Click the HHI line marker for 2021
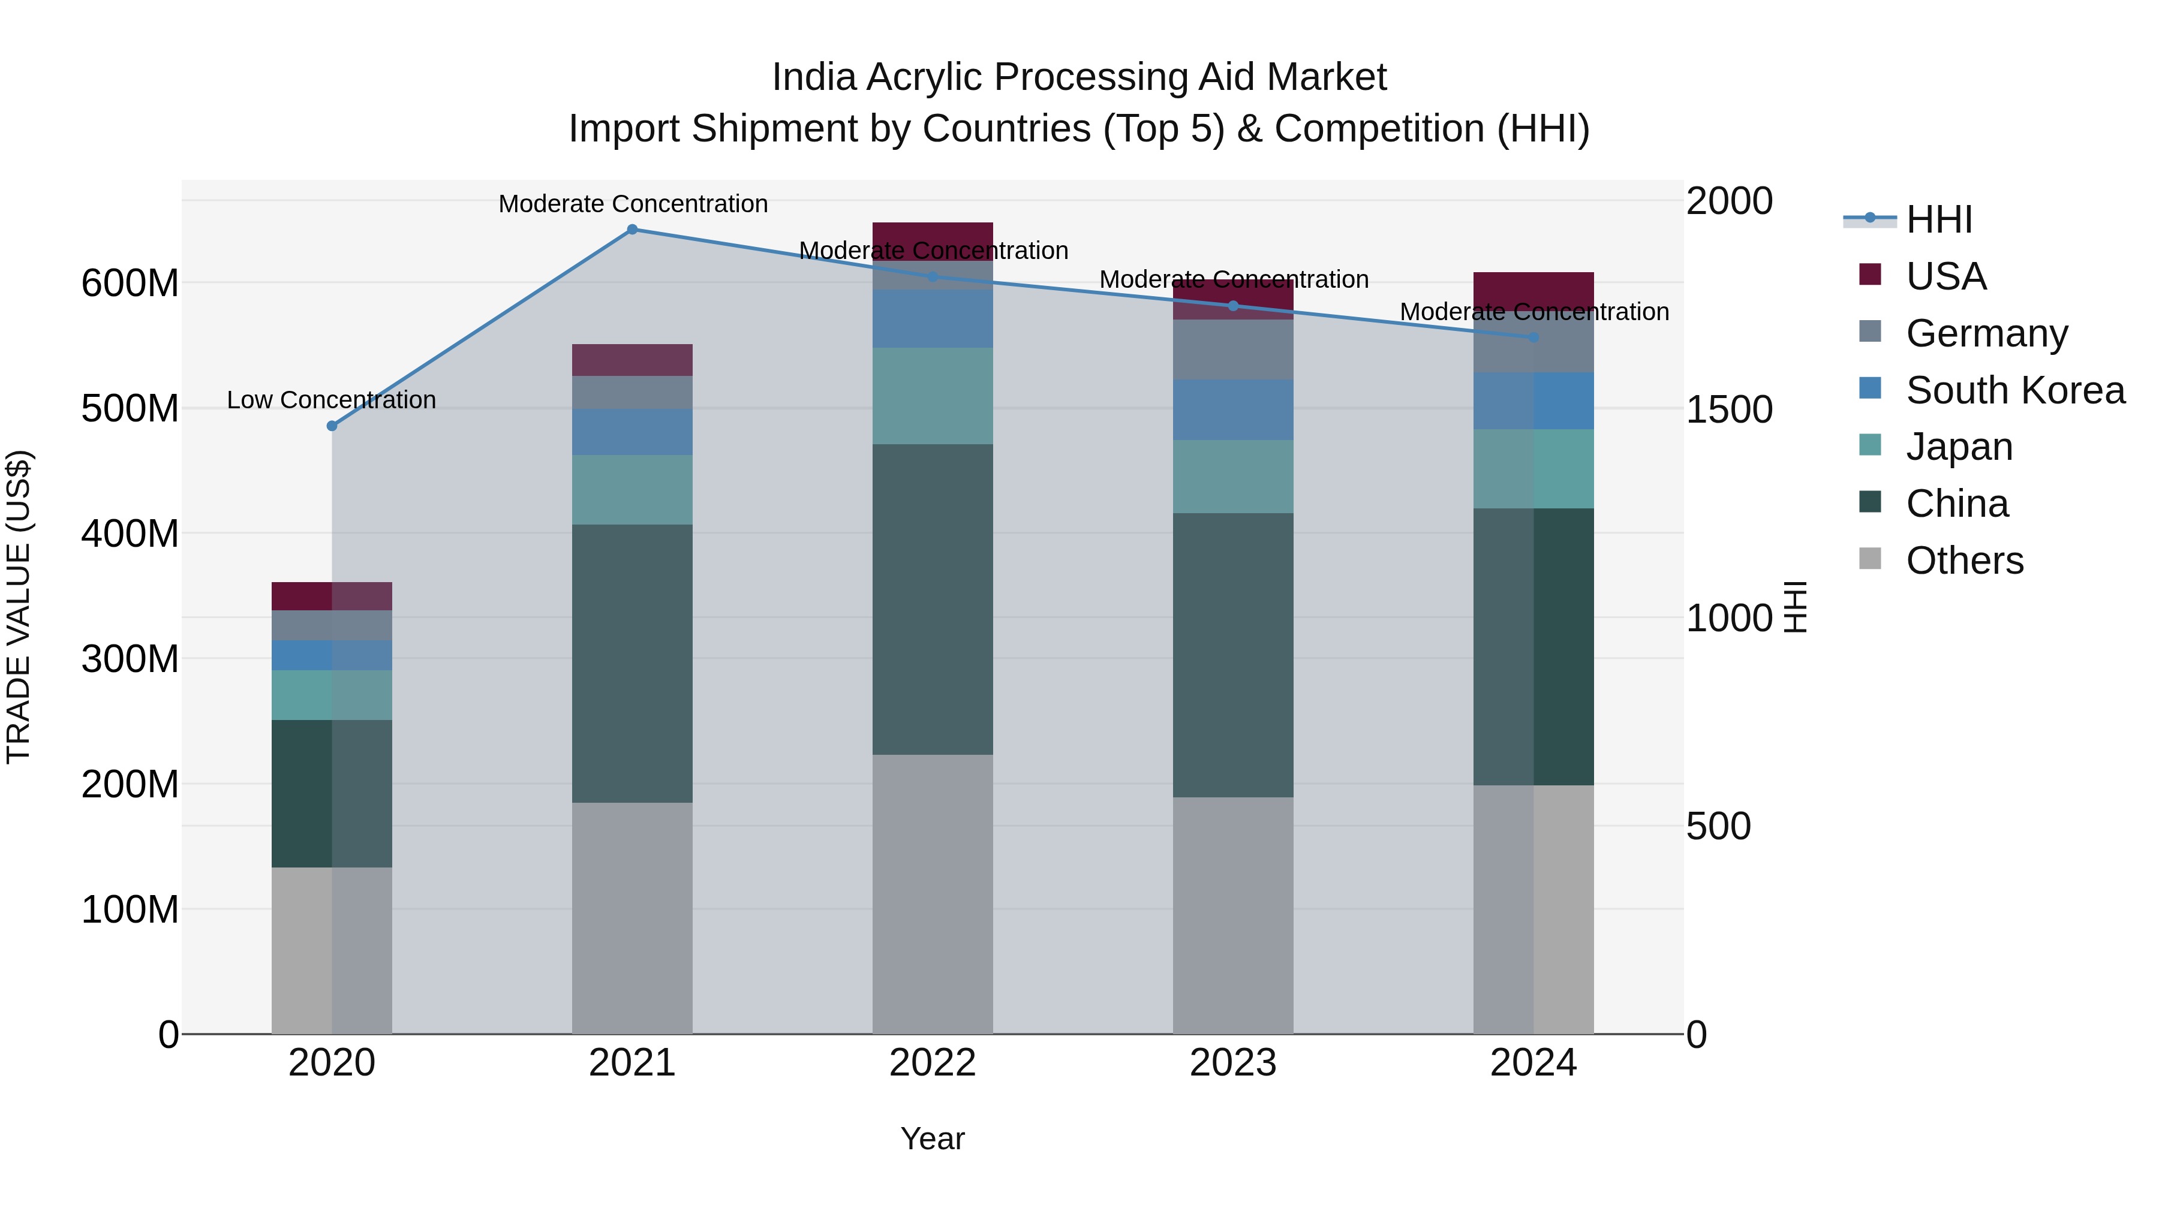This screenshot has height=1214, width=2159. (632, 230)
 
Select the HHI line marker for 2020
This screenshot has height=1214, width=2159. (332, 426)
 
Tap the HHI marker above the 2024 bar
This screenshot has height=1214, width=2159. (1533, 337)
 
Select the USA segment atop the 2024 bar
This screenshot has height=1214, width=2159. (1533, 290)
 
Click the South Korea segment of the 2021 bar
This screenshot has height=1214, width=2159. (632, 432)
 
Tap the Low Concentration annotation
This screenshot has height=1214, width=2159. (332, 400)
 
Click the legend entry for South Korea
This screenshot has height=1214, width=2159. (2015, 390)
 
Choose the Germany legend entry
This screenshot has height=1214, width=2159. (1986, 333)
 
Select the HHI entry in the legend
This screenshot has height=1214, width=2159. (1938, 219)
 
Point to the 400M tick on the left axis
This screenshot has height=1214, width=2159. (130, 534)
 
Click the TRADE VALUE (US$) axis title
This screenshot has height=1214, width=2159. (19, 607)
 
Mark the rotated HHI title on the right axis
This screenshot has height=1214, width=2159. (1795, 607)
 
